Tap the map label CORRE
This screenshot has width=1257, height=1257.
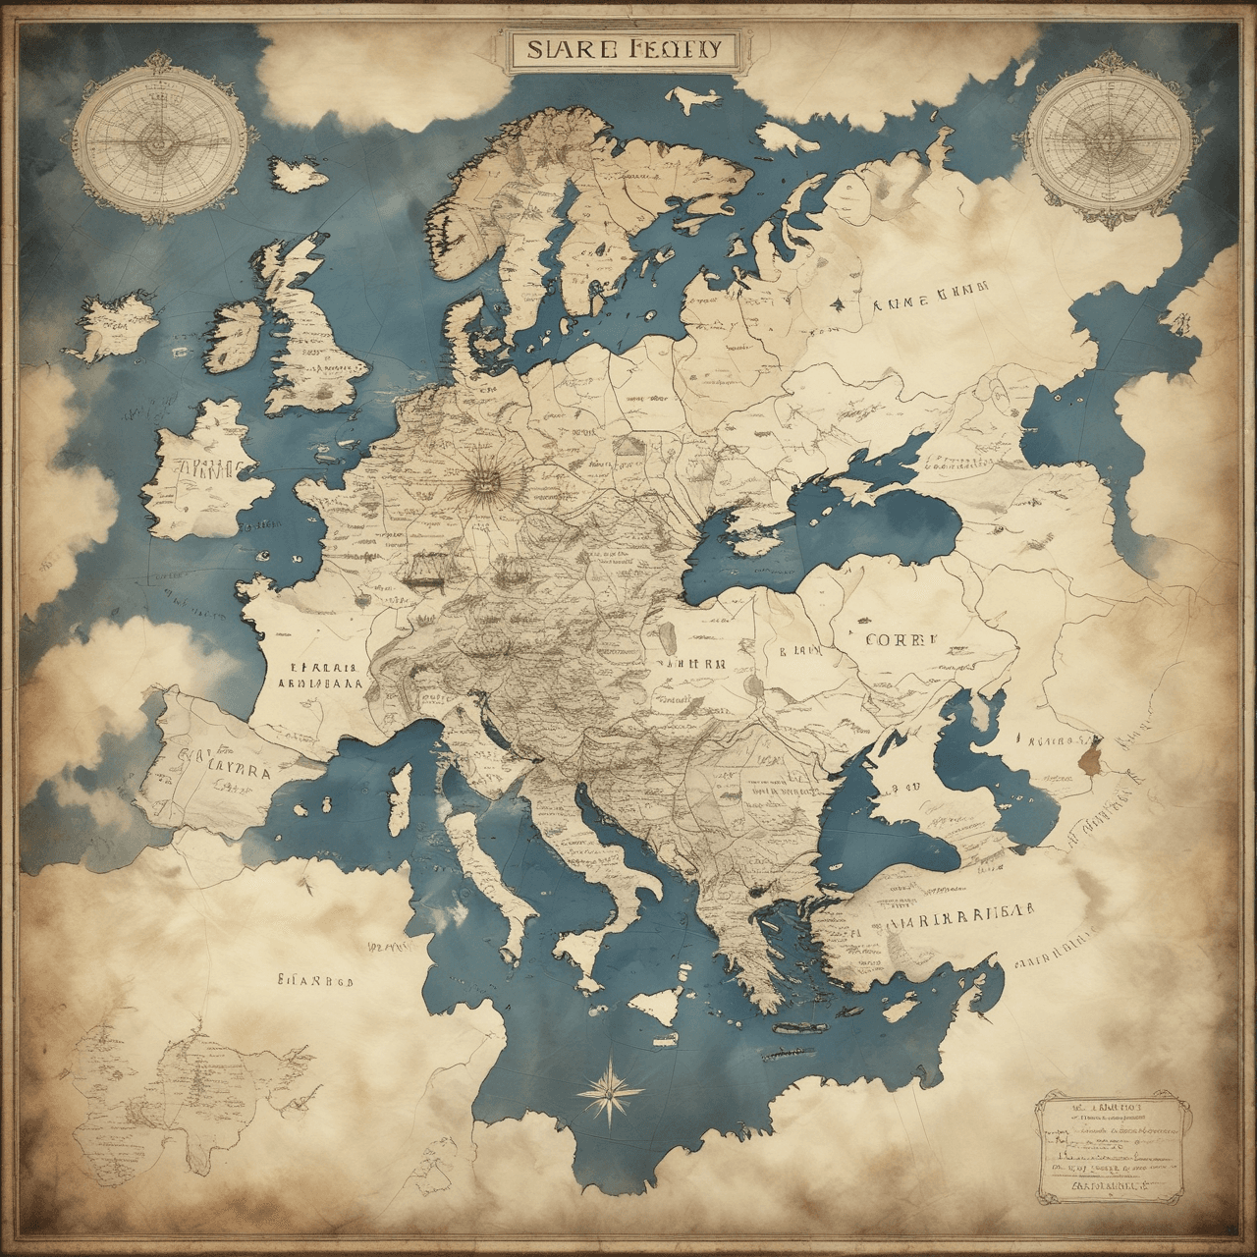[895, 638]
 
